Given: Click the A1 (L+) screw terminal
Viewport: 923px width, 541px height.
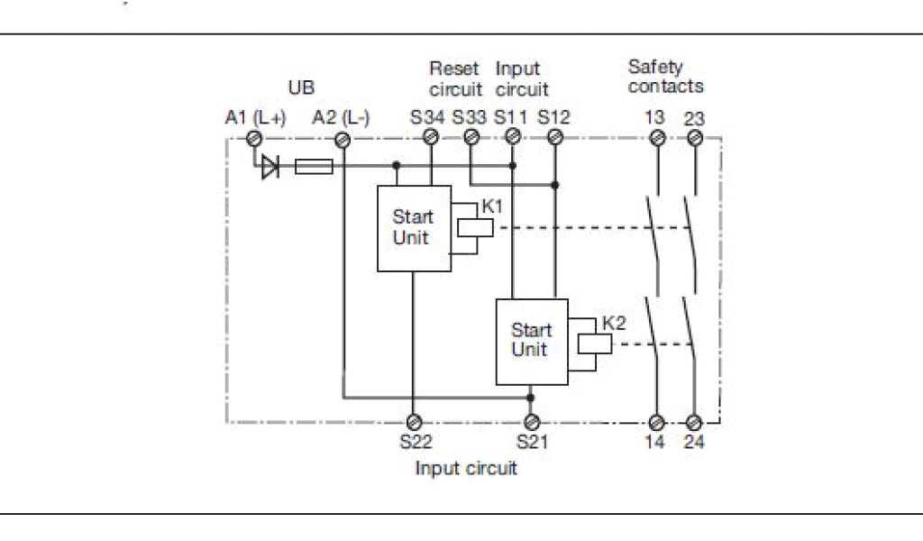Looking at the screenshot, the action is click(254, 139).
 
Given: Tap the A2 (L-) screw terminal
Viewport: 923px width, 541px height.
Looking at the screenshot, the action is click(343, 140).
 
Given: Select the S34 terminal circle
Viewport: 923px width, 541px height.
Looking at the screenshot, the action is click(431, 137).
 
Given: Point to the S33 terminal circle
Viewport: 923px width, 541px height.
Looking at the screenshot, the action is click(471, 137).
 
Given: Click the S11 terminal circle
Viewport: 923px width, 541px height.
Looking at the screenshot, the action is click(513, 137).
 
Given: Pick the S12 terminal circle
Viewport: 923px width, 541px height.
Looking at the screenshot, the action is click(555, 138).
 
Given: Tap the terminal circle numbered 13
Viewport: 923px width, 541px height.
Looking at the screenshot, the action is click(657, 138).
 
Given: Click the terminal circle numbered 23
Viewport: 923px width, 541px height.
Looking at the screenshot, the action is click(695, 138).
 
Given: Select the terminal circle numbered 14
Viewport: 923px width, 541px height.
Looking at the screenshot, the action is click(656, 423).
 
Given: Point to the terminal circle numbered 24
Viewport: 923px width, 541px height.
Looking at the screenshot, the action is click(694, 423).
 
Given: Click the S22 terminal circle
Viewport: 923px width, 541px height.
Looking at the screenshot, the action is click(414, 422).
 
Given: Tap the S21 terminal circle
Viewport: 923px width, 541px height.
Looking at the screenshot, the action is click(532, 422).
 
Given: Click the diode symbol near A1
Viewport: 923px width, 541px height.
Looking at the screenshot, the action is click(270, 167).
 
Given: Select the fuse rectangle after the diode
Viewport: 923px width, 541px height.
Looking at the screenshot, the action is click(314, 167).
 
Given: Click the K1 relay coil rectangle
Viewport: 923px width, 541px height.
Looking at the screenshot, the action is click(475, 228).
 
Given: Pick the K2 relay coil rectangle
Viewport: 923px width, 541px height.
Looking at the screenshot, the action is click(595, 344).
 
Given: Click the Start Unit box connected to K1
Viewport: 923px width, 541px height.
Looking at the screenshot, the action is click(415, 228).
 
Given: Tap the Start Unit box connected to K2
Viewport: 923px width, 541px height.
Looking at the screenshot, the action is click(532, 342).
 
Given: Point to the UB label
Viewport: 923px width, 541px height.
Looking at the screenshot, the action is click(301, 87).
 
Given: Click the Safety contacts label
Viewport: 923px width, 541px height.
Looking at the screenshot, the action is click(666, 77).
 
